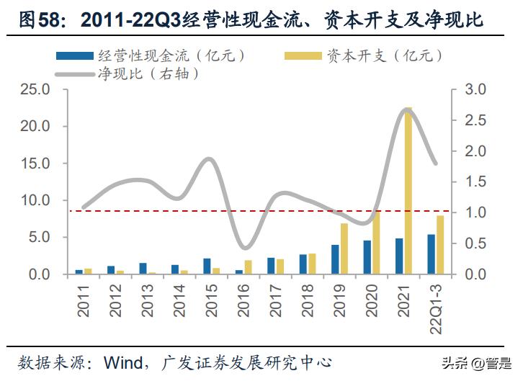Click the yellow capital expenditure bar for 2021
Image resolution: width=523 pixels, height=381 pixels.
(x=408, y=191)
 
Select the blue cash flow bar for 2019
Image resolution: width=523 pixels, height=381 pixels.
(x=335, y=259)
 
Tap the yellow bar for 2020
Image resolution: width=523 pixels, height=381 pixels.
(x=375, y=243)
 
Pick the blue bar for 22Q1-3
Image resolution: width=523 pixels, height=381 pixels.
(x=431, y=254)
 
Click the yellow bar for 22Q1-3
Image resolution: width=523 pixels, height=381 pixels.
(x=439, y=245)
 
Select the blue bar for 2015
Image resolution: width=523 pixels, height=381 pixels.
(x=207, y=266)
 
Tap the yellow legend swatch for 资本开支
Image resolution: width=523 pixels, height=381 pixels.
(x=302, y=55)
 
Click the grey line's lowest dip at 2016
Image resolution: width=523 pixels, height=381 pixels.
(x=245, y=248)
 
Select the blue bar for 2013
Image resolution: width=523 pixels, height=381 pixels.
(x=143, y=269)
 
